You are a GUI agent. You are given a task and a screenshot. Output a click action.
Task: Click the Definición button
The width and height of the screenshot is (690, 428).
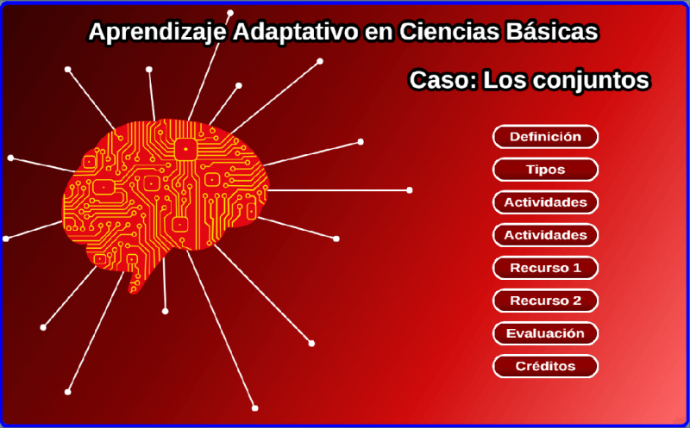click(545, 137)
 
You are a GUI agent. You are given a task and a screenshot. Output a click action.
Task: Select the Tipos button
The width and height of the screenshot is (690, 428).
click(545, 170)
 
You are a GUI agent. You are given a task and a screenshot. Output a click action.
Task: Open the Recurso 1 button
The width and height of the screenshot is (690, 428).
click(545, 268)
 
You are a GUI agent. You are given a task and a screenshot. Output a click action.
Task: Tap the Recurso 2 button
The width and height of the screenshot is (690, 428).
click(545, 301)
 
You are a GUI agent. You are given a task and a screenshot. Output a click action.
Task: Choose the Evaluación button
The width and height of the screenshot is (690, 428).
click(545, 333)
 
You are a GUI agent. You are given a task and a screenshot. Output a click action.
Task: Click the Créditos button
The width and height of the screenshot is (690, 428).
click(545, 366)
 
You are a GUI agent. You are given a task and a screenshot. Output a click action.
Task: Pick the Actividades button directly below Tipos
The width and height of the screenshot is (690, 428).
click(545, 202)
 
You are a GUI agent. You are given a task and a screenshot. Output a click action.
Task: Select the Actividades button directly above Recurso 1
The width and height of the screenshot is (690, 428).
click(545, 235)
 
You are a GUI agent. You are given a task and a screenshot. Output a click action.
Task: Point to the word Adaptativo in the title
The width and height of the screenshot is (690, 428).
click(295, 32)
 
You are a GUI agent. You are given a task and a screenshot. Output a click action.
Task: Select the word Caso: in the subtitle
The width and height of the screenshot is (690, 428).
click(443, 80)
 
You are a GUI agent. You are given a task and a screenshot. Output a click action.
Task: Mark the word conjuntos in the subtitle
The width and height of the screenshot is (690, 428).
click(593, 81)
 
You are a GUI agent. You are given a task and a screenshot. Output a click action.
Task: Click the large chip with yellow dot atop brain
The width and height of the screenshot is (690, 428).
click(185, 149)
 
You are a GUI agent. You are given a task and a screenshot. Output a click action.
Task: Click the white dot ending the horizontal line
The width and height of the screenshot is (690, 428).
click(409, 190)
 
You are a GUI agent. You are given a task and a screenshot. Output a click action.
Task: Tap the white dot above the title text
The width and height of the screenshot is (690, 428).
click(230, 13)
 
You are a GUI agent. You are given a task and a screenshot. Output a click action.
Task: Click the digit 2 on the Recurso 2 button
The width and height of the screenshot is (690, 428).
click(576, 301)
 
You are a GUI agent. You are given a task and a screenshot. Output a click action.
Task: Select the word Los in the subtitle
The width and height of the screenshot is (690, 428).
click(505, 80)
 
